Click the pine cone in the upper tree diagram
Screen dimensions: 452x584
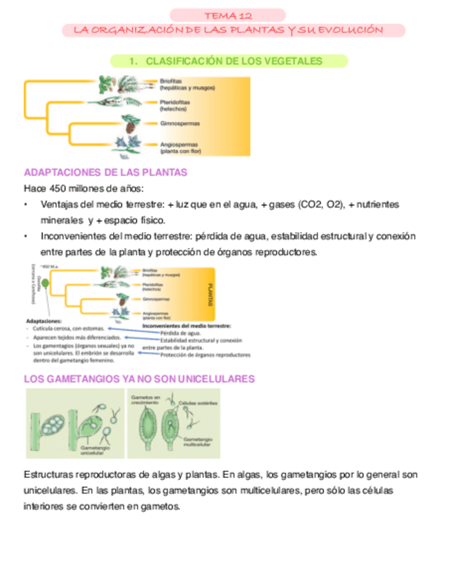[x=130, y=125]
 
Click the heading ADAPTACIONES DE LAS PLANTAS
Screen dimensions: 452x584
[x=105, y=172]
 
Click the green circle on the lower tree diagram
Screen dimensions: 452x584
[x=45, y=292]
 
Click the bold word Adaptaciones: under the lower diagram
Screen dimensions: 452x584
[x=43, y=320]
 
